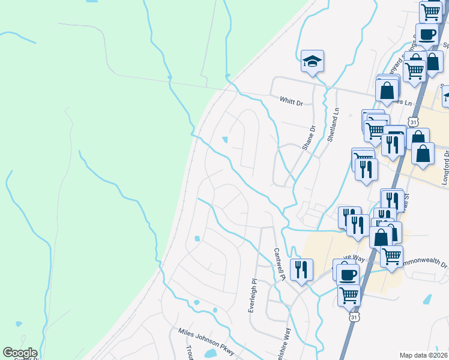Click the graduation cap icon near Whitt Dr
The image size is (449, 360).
pos(312,61)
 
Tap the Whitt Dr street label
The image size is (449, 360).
pos(291,100)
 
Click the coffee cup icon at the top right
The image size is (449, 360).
pos(427,34)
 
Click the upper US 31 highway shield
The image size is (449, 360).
pos(413,122)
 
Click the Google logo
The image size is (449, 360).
pos(20,353)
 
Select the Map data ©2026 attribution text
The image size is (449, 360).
pos(423,355)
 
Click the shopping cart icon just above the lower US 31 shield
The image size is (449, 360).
pos(348,295)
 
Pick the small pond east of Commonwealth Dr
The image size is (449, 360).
pos(427,298)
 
